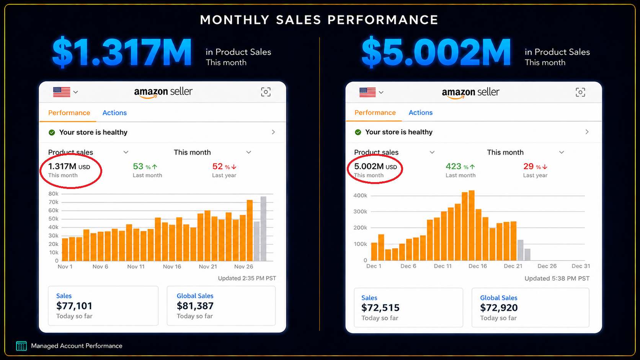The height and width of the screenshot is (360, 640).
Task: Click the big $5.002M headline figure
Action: pyautogui.click(x=436, y=53)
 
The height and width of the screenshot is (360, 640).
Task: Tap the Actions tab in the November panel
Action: pyautogui.click(x=114, y=113)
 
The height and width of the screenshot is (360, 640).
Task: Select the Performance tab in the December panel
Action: pyautogui.click(x=375, y=112)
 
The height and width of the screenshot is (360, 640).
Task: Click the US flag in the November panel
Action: pyautogui.click(x=62, y=92)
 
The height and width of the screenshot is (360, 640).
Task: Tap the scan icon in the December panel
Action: pyautogui.click(x=580, y=92)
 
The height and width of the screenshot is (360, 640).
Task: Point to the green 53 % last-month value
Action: pyautogui.click(x=145, y=166)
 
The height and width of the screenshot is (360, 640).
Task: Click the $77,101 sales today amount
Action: pyautogui.click(x=74, y=306)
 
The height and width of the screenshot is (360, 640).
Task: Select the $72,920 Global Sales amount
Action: pyautogui.click(x=499, y=308)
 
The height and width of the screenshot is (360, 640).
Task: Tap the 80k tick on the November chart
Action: pyautogui.click(x=54, y=194)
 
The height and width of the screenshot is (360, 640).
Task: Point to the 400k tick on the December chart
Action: pyautogui.click(x=360, y=195)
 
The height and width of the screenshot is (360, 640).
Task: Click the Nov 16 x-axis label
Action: pyautogui.click(x=172, y=267)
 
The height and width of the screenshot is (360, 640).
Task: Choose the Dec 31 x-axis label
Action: pyautogui.click(x=581, y=266)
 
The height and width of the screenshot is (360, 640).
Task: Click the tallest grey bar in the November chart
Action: pyautogui.click(x=263, y=229)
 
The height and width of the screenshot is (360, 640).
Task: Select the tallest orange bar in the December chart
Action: pyautogui.click(x=472, y=225)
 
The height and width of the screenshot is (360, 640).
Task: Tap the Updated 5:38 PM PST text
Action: pyautogui.click(x=557, y=279)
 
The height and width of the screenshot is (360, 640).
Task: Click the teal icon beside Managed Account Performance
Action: pyautogui.click(x=21, y=346)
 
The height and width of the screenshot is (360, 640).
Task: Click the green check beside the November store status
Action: pyautogui.click(x=52, y=132)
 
